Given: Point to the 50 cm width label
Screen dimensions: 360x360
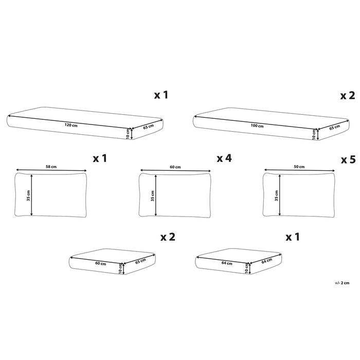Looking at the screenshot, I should tap(299, 167).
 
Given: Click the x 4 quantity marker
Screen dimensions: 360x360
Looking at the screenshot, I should tap(224, 159).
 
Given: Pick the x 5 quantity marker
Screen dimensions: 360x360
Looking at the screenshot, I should tap(348, 160).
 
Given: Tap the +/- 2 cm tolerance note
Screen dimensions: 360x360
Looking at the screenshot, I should tap(342, 283).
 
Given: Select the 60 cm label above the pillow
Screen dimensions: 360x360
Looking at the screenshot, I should tap(175, 167).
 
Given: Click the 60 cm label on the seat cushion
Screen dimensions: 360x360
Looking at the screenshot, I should tap(100, 263).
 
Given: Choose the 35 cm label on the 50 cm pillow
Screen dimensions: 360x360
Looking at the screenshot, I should tap(276, 195).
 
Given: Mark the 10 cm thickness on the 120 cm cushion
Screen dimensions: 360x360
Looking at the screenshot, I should tap(129, 134).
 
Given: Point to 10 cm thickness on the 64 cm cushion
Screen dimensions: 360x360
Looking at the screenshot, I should tap(247, 267).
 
